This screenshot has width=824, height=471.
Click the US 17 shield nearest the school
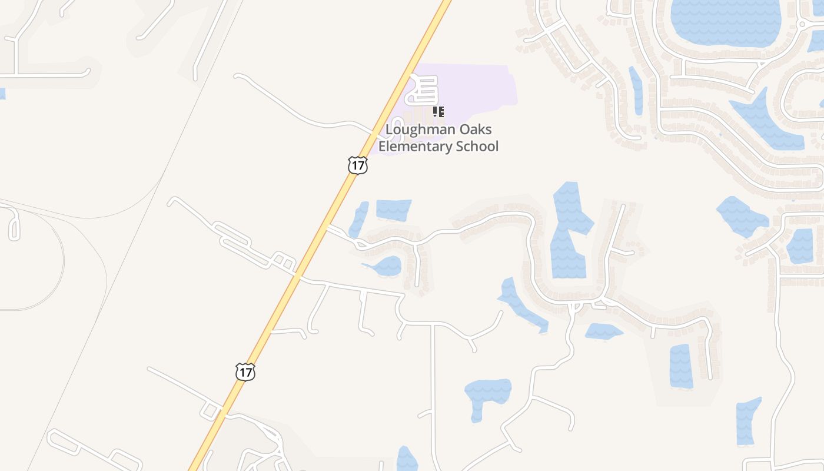(357, 165)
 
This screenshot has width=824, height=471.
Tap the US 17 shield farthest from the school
(245, 372)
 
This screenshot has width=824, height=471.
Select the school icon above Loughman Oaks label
(438, 111)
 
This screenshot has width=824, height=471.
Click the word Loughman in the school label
(414, 130)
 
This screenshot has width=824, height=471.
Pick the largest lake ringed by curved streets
(725, 21)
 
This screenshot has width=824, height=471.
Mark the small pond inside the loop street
(385, 267)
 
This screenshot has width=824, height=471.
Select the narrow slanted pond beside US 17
(358, 219)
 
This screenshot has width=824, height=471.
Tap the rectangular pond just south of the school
(393, 210)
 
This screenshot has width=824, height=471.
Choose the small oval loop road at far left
(14, 223)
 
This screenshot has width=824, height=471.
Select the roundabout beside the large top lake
(801, 24)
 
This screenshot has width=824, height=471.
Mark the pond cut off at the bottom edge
(406, 460)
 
